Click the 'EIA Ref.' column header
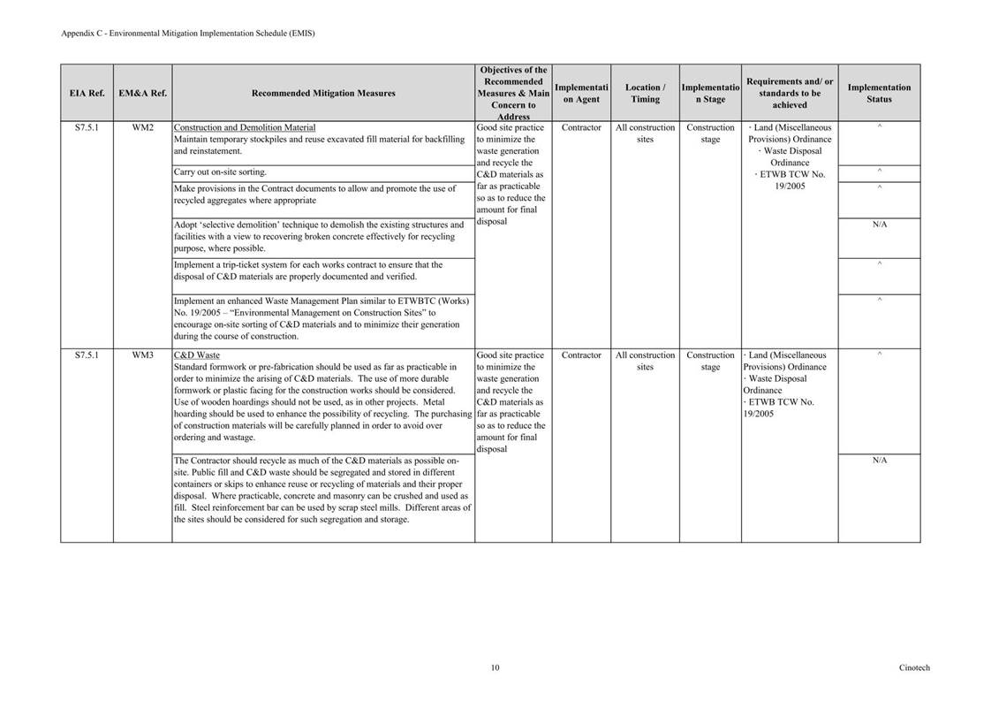(87, 93)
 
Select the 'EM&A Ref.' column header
(142, 93)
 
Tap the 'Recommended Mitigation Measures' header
(323, 93)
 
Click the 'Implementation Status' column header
(879, 93)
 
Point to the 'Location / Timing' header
(645, 93)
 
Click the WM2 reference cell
(142, 128)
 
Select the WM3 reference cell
(142, 355)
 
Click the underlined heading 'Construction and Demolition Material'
(245, 128)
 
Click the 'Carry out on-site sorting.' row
(221, 171)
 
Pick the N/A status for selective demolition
(879, 225)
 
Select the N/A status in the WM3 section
(879, 461)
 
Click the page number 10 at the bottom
(496, 668)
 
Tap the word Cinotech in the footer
(914, 668)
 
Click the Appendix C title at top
(188, 34)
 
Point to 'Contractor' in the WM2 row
(581, 128)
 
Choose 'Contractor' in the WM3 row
(581, 355)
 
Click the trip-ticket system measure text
(309, 270)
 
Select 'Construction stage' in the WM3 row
(710, 361)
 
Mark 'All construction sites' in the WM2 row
(645, 133)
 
